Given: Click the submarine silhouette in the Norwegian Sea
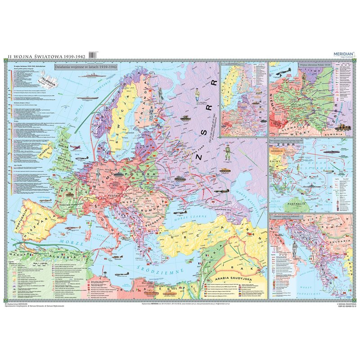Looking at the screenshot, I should click(x=85, y=98).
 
